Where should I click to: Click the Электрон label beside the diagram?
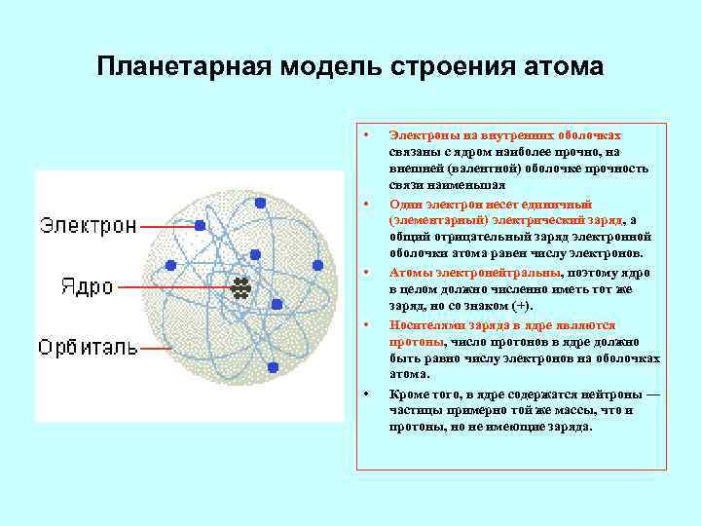point(88,225)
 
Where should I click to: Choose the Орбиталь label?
point(89,347)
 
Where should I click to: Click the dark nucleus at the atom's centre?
point(240,287)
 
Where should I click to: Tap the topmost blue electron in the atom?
point(260,203)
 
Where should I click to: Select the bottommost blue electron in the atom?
point(273,367)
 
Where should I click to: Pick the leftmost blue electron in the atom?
point(171,265)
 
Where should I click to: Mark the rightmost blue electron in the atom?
point(317,265)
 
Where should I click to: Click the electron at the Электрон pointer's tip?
point(200,225)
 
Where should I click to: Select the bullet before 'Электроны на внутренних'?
point(365,134)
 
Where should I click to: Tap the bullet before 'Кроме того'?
point(365,394)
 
